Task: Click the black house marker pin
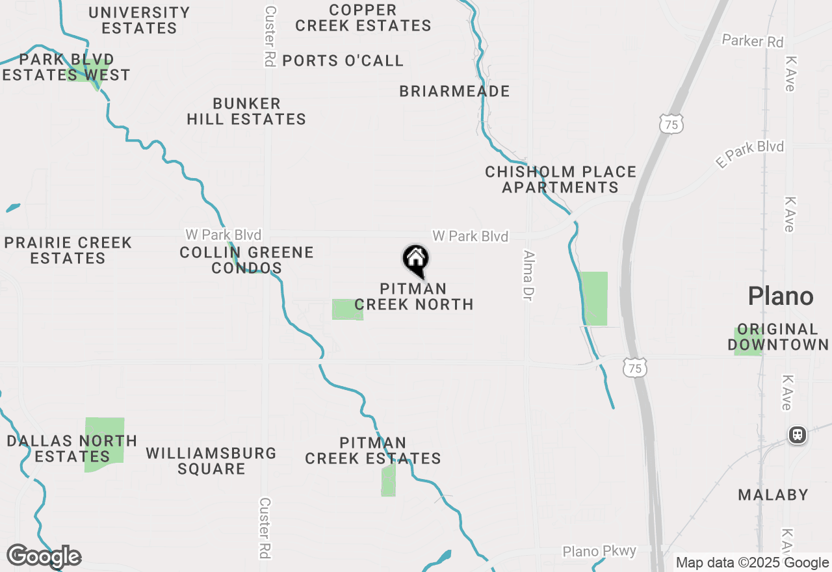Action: [416, 260]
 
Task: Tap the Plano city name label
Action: [780, 296]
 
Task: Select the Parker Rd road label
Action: [753, 41]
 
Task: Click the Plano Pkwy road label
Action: [599, 551]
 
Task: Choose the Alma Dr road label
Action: [528, 276]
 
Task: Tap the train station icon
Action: [797, 435]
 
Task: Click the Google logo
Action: [44, 556]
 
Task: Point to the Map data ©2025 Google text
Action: [752, 563]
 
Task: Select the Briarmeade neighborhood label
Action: [454, 91]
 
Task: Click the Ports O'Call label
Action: [343, 60]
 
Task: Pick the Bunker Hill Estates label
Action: [246, 111]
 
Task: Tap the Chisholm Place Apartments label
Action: [560, 179]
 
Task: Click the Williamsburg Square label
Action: [211, 461]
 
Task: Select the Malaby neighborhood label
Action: [773, 495]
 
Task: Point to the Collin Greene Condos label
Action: [246, 260]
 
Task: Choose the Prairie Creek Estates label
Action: [68, 250]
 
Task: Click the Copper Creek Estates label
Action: [363, 18]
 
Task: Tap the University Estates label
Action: [139, 20]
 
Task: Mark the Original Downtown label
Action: [778, 337]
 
